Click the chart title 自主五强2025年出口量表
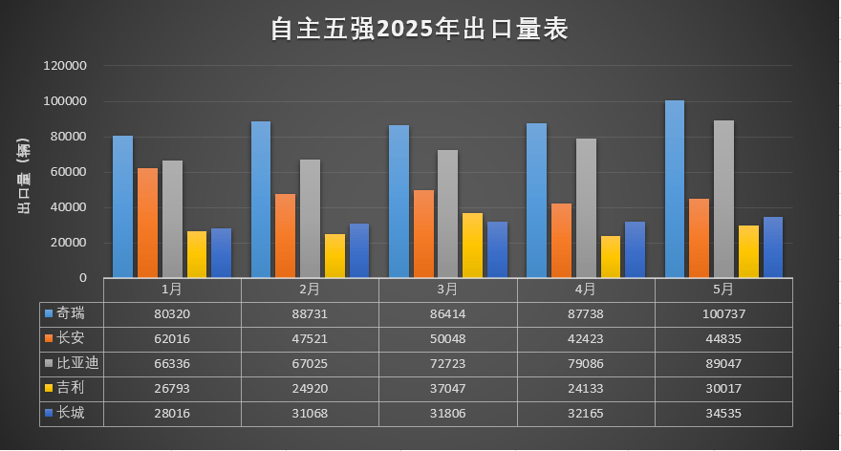tap(420, 30)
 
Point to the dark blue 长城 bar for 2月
tap(358, 250)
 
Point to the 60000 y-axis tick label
tap(69, 172)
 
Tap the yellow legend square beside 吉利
tap(48, 389)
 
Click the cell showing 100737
tap(723, 313)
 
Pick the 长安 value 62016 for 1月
tap(172, 338)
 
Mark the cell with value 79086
tap(586, 363)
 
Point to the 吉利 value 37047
tap(447, 389)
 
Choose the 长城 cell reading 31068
tap(310, 414)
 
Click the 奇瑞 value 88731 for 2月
tap(310, 313)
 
